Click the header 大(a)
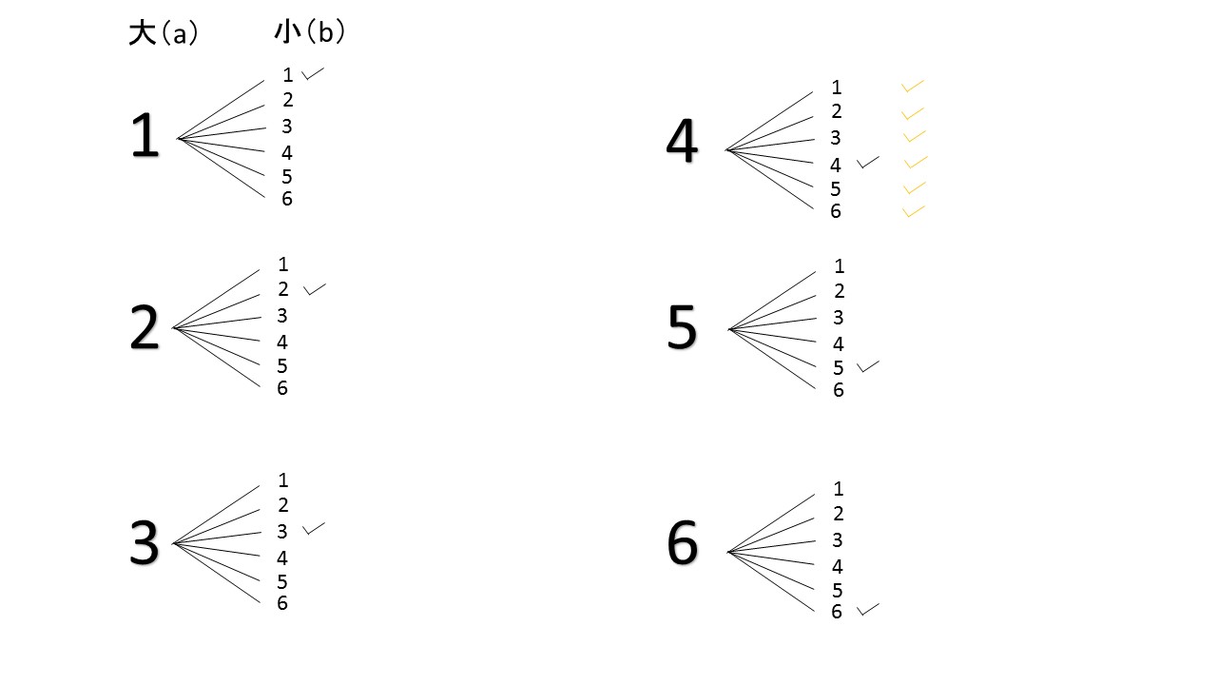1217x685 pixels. [164, 33]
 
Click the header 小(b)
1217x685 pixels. [310, 31]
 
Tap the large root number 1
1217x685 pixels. [145, 135]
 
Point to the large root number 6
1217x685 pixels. [683, 542]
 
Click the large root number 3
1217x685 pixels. [145, 542]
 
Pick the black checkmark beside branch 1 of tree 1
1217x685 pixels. [313, 73]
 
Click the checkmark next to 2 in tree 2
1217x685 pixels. [315, 289]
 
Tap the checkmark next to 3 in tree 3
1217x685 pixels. [314, 528]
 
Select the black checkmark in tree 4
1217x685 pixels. [868, 162]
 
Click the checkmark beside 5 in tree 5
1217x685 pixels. [868, 366]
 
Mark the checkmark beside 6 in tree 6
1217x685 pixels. [868, 610]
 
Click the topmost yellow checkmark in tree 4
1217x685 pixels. [912, 86]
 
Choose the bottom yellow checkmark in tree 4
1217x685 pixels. [914, 211]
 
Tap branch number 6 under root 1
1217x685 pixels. [287, 199]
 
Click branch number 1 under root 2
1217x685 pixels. [283, 264]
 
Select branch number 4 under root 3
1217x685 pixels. [282, 558]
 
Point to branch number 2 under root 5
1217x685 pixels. [840, 291]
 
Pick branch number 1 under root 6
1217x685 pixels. [839, 489]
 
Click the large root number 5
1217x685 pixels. [683, 326]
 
